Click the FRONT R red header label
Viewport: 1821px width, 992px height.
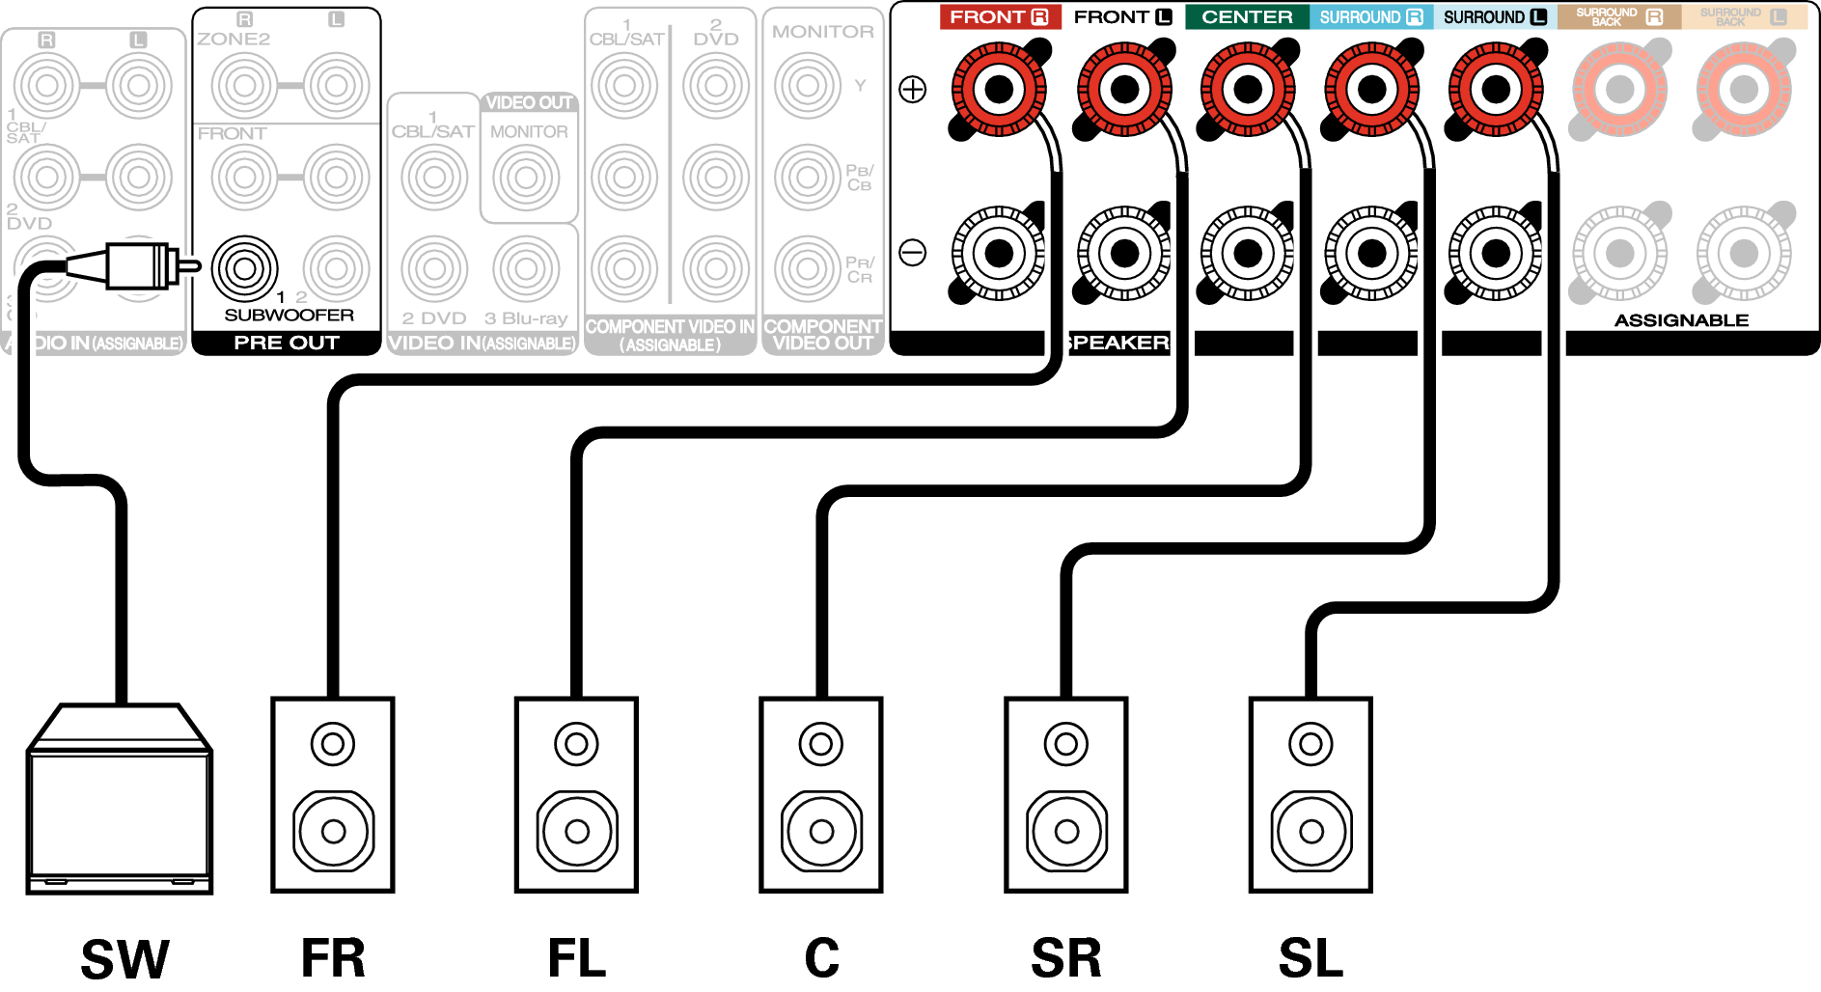[x=999, y=17]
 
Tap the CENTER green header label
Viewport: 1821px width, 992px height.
[x=1247, y=17]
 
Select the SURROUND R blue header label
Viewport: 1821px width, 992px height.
[x=1370, y=17]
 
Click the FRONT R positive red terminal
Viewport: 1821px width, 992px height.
[x=999, y=90]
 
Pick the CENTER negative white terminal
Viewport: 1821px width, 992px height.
[x=1248, y=254]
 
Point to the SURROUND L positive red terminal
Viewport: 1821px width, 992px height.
[x=1495, y=90]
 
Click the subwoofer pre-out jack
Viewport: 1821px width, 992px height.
[x=244, y=267]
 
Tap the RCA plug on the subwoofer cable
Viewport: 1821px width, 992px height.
[x=135, y=265]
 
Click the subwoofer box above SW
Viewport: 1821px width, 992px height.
[x=120, y=801]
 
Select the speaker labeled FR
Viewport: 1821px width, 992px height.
[x=333, y=794]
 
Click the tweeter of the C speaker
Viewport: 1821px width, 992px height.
[x=821, y=744]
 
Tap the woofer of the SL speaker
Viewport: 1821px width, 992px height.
[x=1311, y=831]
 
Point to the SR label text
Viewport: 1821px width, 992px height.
[x=1065, y=958]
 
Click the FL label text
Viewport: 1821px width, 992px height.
[x=577, y=958]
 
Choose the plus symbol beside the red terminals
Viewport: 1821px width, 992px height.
[x=912, y=90]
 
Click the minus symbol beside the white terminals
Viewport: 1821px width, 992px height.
[x=912, y=253]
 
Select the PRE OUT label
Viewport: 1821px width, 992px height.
[x=286, y=343]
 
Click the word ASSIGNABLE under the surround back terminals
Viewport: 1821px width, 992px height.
[x=1681, y=320]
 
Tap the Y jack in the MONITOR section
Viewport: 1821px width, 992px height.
[x=808, y=86]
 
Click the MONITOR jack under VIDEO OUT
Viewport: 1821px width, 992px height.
[x=526, y=178]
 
